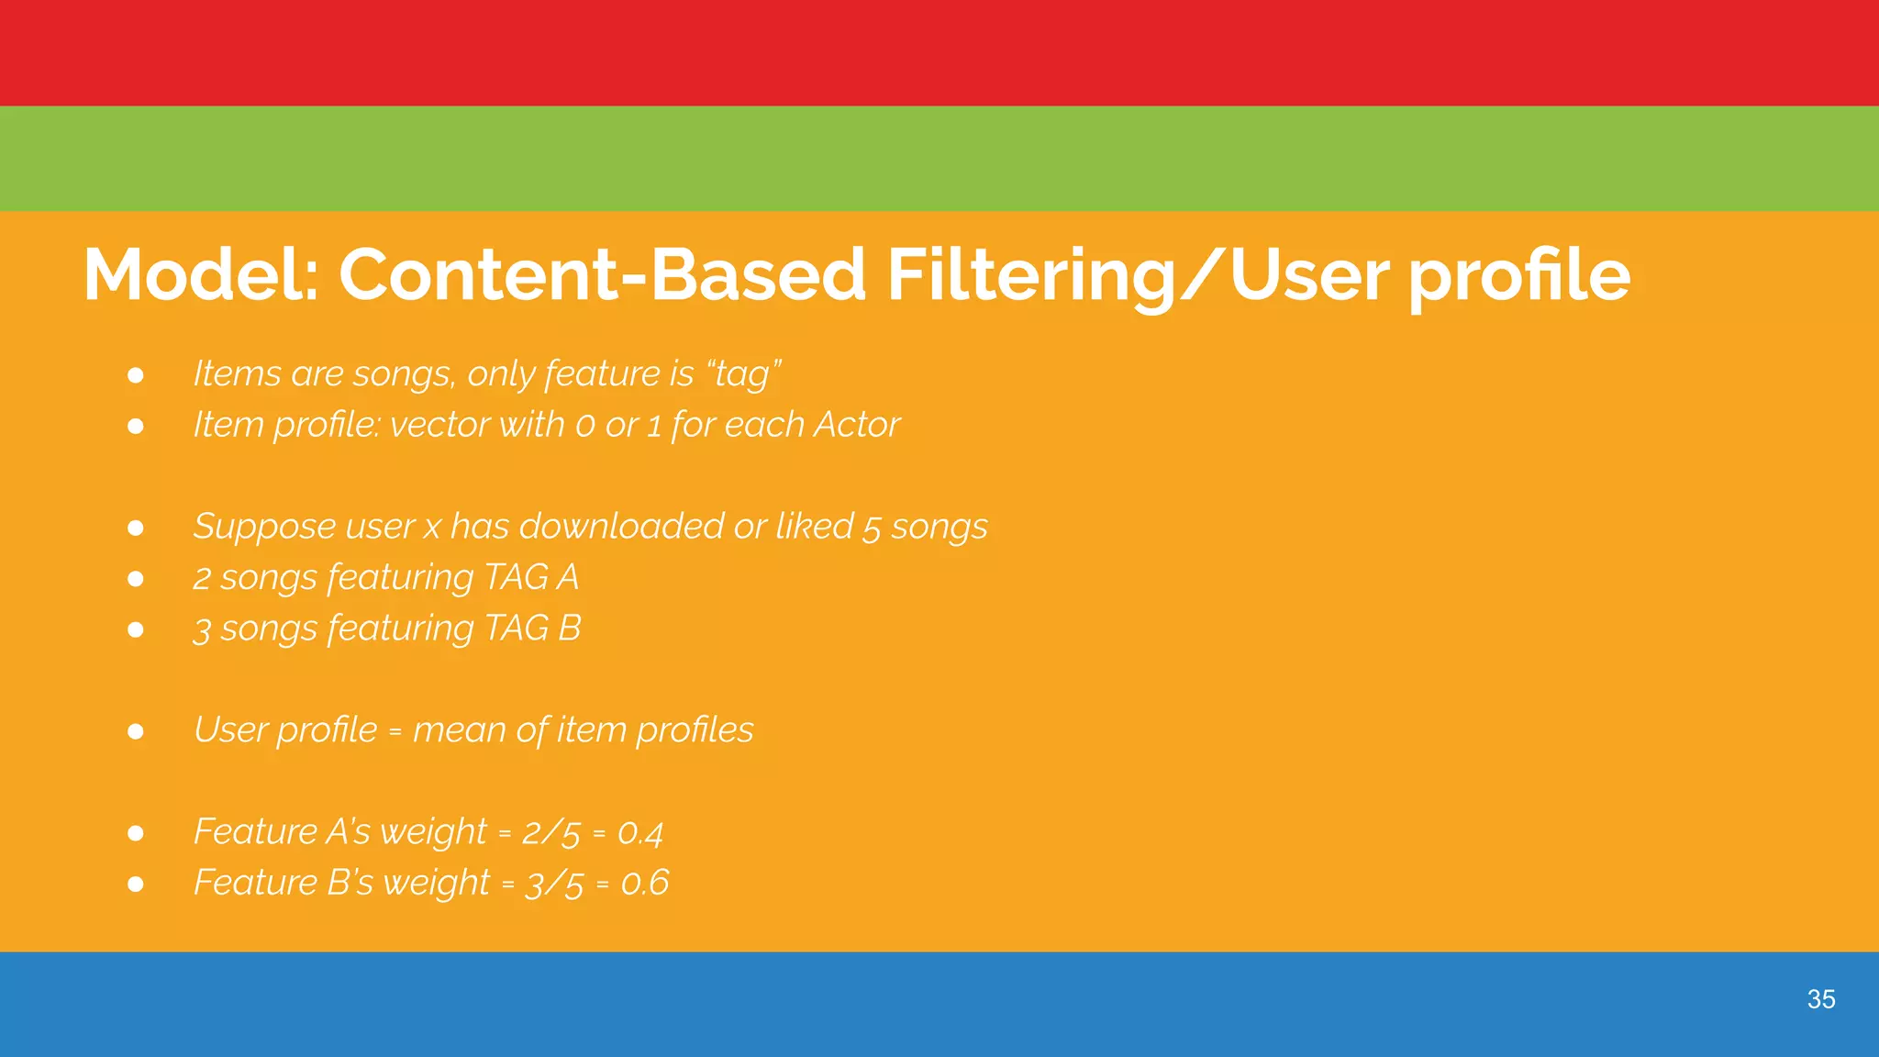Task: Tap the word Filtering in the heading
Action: (x=1030, y=274)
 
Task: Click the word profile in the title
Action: (x=1519, y=274)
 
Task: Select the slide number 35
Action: (x=1820, y=999)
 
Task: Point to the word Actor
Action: (x=856, y=425)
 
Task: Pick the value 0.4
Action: (x=639, y=832)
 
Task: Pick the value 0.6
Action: (x=644, y=883)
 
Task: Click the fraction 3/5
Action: (x=553, y=884)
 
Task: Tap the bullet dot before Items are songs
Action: (x=136, y=375)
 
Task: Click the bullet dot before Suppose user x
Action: (x=136, y=528)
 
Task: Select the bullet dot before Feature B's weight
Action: (x=136, y=884)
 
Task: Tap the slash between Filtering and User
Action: (x=1202, y=274)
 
